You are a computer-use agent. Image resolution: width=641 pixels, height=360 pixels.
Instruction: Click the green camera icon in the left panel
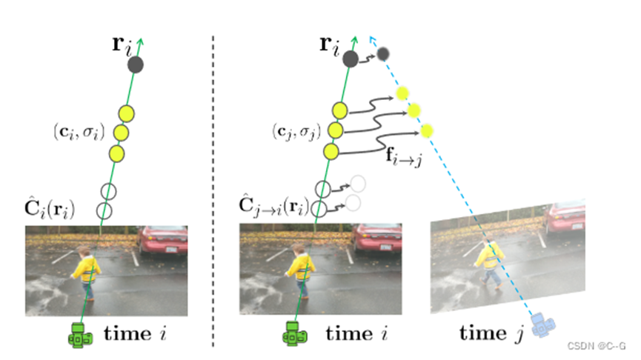click(79, 335)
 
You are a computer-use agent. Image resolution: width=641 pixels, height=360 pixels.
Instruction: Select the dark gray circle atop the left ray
click(135, 65)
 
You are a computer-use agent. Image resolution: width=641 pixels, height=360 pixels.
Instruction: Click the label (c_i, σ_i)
click(78, 132)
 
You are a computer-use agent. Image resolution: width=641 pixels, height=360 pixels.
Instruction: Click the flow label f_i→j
click(404, 157)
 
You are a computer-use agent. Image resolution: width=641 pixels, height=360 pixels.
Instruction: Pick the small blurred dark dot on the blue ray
click(383, 53)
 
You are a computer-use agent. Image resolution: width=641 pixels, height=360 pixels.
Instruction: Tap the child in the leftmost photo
click(88, 270)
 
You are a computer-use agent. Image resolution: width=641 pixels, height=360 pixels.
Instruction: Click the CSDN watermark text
click(597, 346)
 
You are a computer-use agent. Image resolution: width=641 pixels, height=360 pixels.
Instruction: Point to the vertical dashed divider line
click(213, 185)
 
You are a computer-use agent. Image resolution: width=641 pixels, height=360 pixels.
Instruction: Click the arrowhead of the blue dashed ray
click(370, 38)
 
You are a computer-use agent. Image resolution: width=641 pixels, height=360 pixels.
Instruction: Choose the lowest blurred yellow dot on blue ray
click(426, 131)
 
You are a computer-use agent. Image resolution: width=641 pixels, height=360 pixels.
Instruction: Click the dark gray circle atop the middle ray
click(350, 59)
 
